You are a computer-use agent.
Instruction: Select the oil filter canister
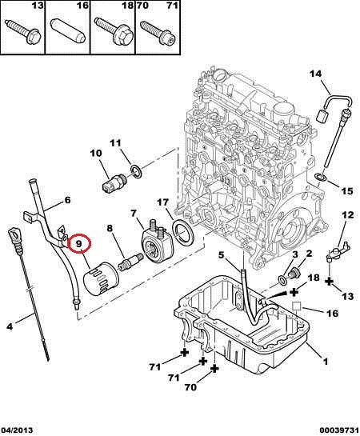[101, 279]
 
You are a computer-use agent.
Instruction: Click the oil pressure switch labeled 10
[114, 182]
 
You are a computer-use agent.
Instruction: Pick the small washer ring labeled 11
[136, 171]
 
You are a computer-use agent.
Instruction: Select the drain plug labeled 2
[294, 273]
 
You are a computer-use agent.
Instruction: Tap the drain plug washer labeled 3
[282, 280]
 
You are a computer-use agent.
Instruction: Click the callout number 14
[315, 74]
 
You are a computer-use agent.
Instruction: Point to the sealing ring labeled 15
[320, 177]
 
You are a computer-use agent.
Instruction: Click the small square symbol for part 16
[297, 306]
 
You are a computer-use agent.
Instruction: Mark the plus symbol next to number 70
[214, 369]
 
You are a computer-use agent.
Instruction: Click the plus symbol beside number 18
[294, 292]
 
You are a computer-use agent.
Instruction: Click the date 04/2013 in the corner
[17, 430]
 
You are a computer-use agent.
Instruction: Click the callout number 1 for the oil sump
[325, 362]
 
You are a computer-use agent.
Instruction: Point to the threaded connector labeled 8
[130, 262]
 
